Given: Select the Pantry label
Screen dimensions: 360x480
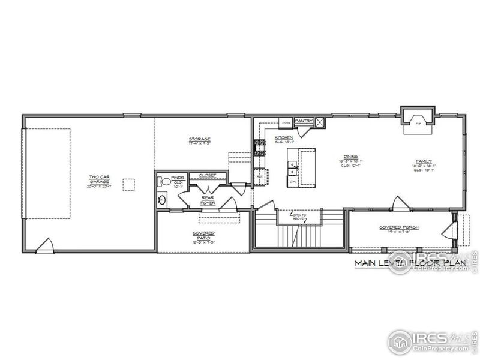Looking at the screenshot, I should point(304,121).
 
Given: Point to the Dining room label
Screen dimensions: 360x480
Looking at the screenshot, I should point(350,161).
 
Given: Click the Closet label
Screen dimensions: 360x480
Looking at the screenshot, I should point(206,176).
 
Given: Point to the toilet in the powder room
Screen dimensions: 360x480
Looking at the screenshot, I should point(166,181).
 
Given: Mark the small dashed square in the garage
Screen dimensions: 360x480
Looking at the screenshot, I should point(128,184).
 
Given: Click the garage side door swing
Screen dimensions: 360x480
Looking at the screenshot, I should point(45,246).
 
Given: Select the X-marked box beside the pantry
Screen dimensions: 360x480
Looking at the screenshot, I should point(320,122).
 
